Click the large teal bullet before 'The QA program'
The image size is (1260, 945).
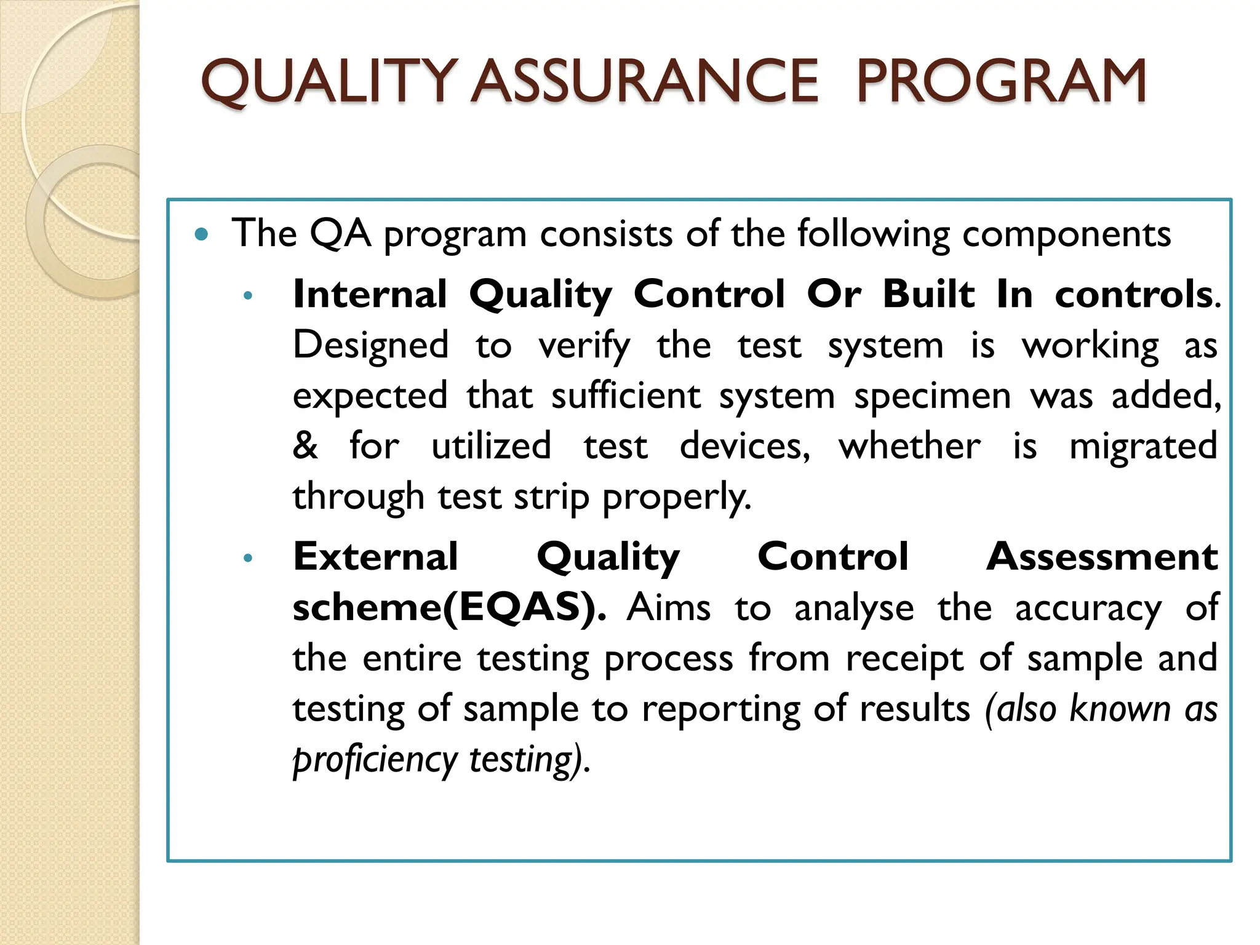click(201, 234)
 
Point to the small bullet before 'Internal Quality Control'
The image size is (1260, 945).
click(248, 296)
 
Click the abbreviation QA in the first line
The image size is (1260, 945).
click(340, 234)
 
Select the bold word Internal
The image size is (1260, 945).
click(370, 294)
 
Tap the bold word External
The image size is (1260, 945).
click(375, 557)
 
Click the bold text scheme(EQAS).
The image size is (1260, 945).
click(449, 608)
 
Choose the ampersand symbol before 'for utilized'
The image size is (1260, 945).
click(305, 445)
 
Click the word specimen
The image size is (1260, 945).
click(932, 396)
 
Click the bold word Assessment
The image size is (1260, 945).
click(1101, 557)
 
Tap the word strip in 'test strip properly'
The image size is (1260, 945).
click(551, 497)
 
